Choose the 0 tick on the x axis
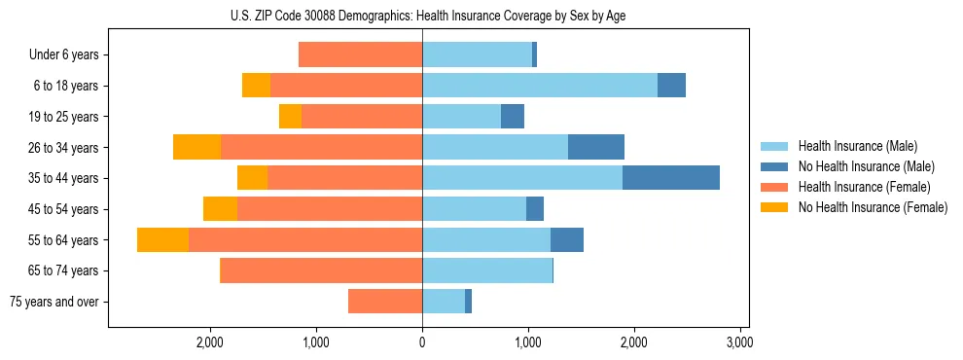coord(422,342)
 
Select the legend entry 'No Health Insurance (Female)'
coord(873,207)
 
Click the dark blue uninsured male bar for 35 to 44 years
coord(671,178)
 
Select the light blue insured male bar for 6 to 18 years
coord(540,86)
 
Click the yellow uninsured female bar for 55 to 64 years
coord(162,240)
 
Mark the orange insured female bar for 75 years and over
coord(385,302)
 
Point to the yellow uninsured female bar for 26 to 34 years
coord(196,147)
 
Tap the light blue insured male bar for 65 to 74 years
coord(487,270)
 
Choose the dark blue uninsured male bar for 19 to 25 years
coord(513,117)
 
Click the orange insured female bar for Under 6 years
coord(360,54)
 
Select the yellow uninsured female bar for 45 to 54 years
coord(220,209)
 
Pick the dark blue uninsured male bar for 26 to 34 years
coord(596,147)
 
